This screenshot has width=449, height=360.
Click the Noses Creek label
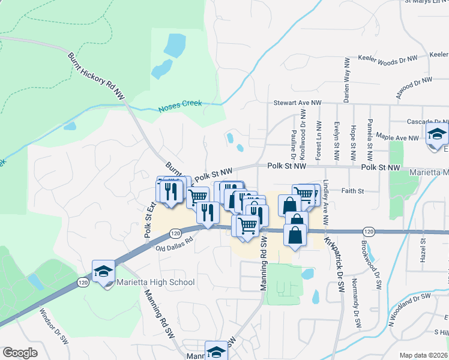point(180,106)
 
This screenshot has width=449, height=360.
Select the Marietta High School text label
point(155,282)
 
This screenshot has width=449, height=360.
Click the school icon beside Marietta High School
point(103,271)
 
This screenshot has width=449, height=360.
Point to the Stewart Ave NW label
point(294,103)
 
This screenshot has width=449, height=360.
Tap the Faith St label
point(353,191)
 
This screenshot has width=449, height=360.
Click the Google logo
point(20,353)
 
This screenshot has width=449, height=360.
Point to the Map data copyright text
point(423,355)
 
